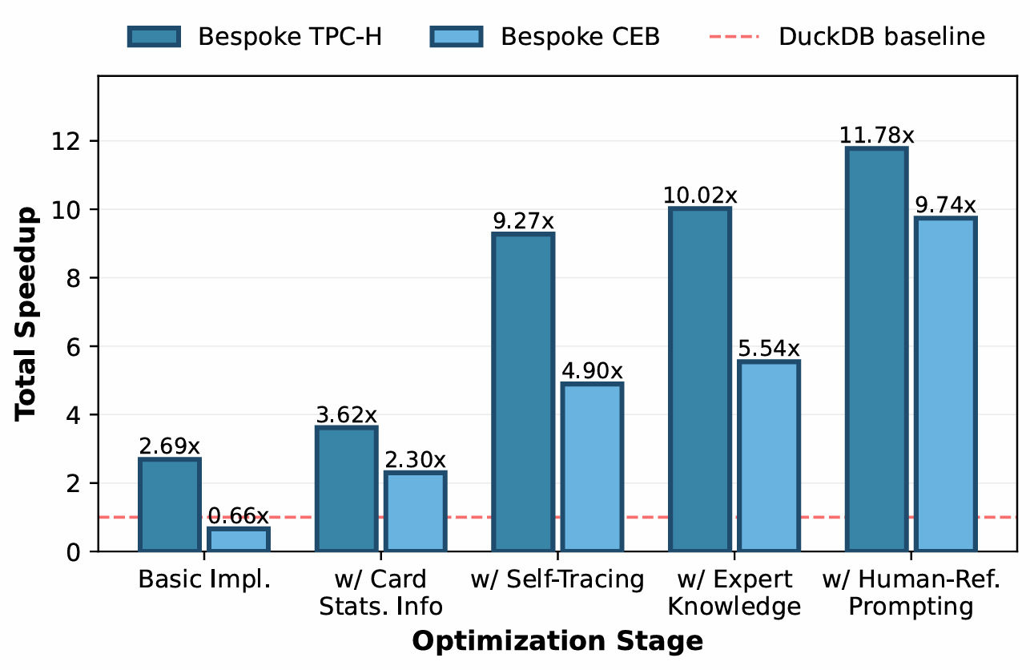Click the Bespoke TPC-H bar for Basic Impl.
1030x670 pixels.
tap(170, 505)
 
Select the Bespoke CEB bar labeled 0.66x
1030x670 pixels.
tap(239, 539)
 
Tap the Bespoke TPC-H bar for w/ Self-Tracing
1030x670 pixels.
tap(523, 392)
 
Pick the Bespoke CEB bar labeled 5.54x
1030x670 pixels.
tap(768, 456)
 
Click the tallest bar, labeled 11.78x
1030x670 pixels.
tap(875, 349)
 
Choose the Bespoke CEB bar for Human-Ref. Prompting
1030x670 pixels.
tap(944, 385)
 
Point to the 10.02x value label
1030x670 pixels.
tap(699, 196)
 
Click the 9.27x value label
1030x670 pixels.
tap(523, 221)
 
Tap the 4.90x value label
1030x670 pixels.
tap(592, 371)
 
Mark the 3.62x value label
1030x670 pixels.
tap(346, 415)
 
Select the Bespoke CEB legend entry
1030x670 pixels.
tap(544, 37)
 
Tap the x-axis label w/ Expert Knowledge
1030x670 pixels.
tap(734, 593)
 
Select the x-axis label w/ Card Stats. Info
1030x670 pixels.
tap(380, 593)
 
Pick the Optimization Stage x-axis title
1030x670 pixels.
tap(557, 641)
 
